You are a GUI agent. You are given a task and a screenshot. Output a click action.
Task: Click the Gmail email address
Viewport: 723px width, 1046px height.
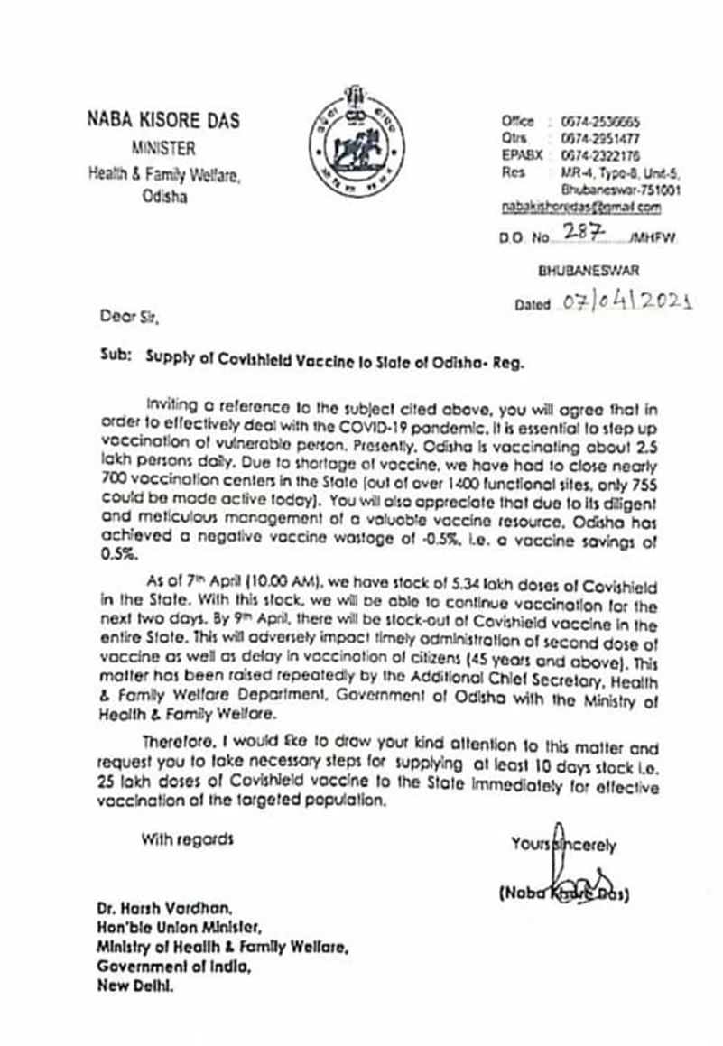click(581, 208)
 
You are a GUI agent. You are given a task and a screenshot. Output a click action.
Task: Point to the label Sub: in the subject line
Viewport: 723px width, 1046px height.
click(116, 356)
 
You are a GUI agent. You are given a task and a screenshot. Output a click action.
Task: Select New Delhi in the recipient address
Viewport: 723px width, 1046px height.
click(135, 986)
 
